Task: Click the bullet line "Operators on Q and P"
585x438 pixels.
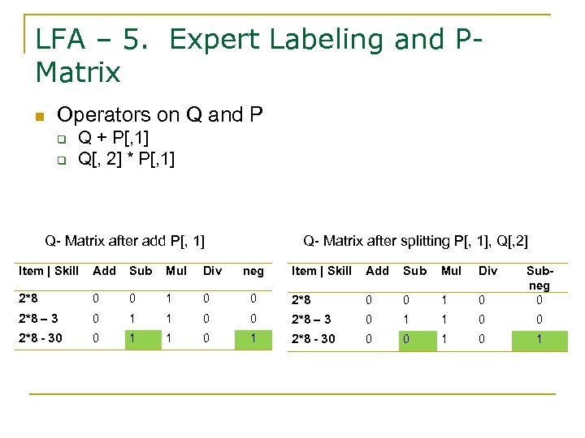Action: click(160, 115)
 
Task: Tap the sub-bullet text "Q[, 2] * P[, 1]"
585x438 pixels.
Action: click(126, 158)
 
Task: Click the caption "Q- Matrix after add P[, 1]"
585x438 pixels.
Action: click(124, 241)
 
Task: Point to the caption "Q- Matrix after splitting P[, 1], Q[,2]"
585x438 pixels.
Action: click(415, 241)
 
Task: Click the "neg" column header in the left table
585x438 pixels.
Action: click(253, 271)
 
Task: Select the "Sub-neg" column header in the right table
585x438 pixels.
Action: click(539, 277)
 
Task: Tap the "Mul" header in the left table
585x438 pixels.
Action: click(175, 271)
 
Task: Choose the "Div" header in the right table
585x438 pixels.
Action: click(487, 271)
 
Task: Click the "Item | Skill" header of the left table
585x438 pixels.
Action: click(49, 271)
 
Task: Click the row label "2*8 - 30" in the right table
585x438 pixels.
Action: click(313, 338)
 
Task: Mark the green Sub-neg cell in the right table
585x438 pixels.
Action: click(539, 338)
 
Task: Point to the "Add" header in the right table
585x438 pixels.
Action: click(377, 271)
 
